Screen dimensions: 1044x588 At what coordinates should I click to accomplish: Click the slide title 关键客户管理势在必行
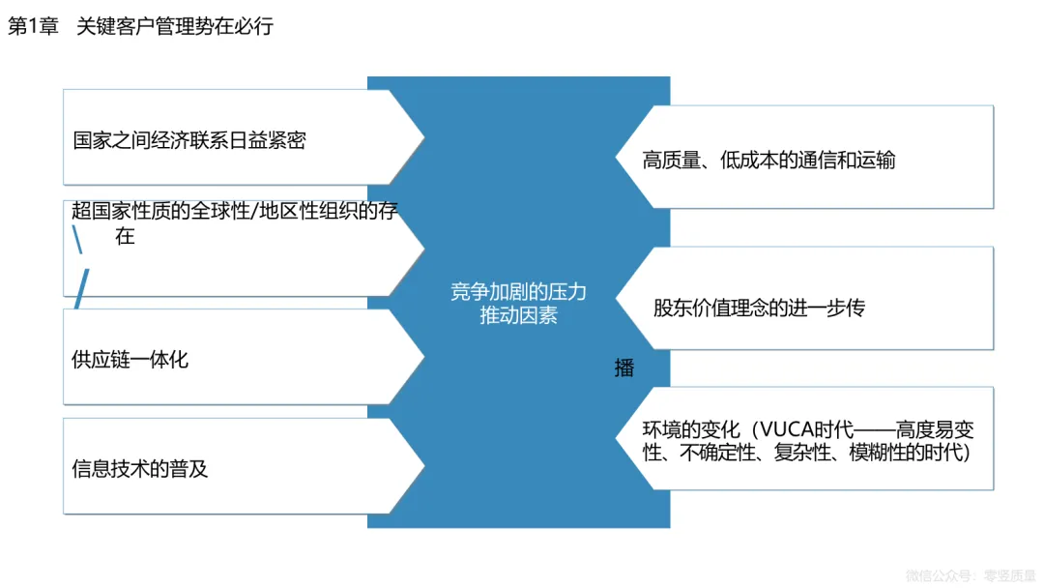(x=175, y=26)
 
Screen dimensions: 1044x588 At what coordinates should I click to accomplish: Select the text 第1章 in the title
(x=30, y=26)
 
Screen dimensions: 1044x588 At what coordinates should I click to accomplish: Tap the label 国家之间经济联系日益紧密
(x=189, y=140)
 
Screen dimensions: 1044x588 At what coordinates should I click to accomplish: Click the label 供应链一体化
(x=130, y=360)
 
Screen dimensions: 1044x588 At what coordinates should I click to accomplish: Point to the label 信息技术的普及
(x=139, y=470)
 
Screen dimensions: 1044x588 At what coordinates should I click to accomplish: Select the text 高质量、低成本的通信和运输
(x=768, y=160)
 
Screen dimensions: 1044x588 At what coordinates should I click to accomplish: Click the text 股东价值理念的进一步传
(x=759, y=308)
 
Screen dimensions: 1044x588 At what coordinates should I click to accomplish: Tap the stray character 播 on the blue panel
(x=624, y=367)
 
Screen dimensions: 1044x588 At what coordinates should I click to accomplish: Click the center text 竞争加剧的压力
(x=518, y=292)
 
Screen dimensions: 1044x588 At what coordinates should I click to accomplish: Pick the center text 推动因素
(x=518, y=315)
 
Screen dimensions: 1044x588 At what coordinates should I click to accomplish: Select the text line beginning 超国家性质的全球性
(x=236, y=211)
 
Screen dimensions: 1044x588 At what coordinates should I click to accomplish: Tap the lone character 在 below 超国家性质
(x=125, y=235)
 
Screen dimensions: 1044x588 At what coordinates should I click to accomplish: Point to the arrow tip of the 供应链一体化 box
(x=421, y=357)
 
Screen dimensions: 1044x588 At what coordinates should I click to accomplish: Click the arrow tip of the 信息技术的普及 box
(x=421, y=466)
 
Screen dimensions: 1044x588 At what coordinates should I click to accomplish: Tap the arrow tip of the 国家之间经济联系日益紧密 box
(x=421, y=137)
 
